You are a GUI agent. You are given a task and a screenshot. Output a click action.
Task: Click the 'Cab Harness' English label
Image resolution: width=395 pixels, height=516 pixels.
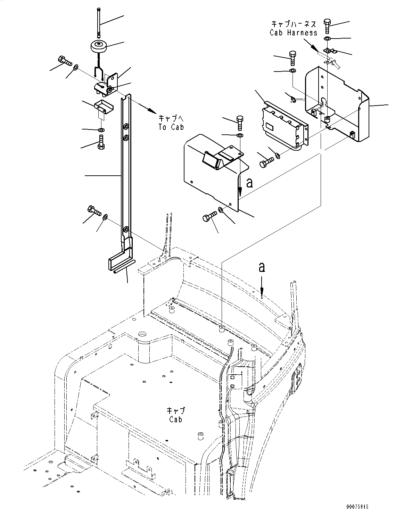293,33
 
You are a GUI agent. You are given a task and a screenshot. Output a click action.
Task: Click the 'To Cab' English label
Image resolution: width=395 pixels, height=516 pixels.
171,127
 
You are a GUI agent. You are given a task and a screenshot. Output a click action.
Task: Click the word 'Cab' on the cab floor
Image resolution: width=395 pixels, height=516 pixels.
176,419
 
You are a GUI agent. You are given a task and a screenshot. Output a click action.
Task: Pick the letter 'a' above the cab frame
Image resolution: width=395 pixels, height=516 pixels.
262,267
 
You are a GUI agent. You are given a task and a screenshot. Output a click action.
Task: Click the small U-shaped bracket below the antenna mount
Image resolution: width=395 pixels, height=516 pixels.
102,107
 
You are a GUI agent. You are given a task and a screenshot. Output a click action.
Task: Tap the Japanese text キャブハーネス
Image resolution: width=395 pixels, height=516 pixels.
293,24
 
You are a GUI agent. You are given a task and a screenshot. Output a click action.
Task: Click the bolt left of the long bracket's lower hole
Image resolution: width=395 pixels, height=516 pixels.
93,210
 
